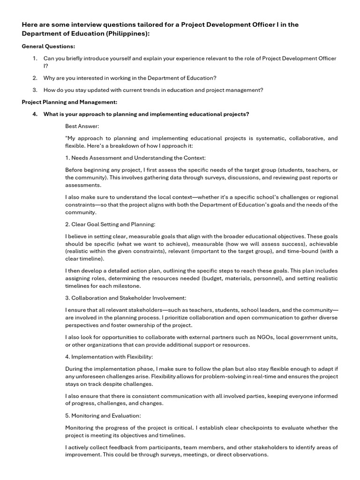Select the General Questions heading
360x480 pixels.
48,46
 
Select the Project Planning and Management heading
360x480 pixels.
69,102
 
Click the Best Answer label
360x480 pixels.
82,126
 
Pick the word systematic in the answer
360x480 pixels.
266,138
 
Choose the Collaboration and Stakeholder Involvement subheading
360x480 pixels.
126,298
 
